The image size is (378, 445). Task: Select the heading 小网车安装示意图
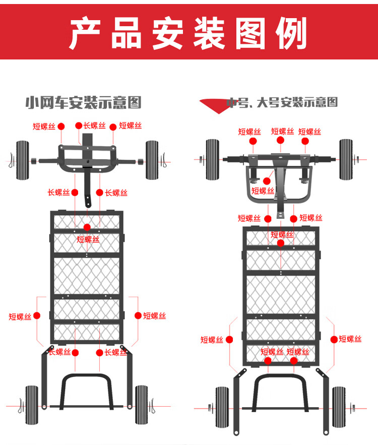click(84, 102)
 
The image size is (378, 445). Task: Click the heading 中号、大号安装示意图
click(282, 102)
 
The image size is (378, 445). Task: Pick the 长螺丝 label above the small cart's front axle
click(95, 125)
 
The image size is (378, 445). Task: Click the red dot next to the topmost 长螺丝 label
click(79, 125)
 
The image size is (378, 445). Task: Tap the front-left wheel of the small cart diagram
click(23, 160)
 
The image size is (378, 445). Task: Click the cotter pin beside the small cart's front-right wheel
click(164, 160)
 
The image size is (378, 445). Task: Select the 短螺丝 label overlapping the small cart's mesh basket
click(88, 239)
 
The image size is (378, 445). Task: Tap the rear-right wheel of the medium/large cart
click(339, 407)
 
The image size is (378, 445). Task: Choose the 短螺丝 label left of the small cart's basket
click(20, 316)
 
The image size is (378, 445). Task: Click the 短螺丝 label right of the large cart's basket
click(350, 339)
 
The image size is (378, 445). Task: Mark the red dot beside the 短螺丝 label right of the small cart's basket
click(138, 315)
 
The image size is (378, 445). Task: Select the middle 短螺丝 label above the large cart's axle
click(282, 132)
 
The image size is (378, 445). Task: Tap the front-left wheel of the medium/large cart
click(212, 159)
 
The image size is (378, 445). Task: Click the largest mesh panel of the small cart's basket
click(87, 276)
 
